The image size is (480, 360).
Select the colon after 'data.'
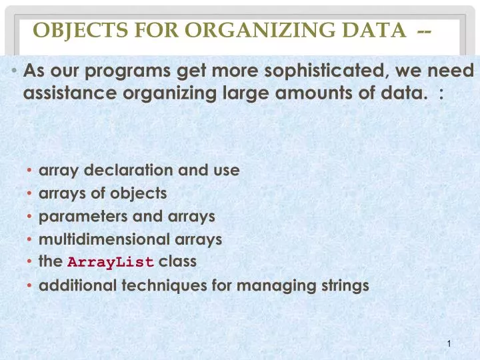441,95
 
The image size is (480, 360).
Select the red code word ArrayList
111,262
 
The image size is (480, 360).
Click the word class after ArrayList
177,261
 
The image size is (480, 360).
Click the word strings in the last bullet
344,286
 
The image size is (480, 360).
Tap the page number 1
451,344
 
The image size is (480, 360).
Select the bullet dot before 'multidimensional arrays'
31,239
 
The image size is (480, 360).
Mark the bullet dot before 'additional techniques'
31,287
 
